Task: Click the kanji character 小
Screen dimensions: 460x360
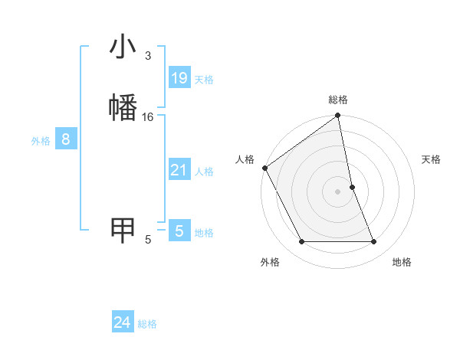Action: (x=123, y=48)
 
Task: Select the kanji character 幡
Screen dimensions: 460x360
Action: (x=123, y=106)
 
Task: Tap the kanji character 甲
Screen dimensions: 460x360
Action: (x=123, y=229)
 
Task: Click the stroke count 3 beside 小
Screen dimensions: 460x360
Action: (x=147, y=56)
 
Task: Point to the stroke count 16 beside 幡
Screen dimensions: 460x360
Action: (x=148, y=116)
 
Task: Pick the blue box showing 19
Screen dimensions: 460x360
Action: (x=179, y=78)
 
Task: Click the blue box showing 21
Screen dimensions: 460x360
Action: (x=179, y=170)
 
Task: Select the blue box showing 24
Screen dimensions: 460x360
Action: (x=123, y=322)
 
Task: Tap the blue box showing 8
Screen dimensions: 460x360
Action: (x=66, y=139)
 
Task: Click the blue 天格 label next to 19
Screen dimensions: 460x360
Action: (x=204, y=80)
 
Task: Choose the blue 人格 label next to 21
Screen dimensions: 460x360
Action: (x=204, y=172)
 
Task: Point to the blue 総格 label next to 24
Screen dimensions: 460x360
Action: (x=147, y=324)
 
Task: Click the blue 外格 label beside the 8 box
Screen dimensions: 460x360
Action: (x=41, y=141)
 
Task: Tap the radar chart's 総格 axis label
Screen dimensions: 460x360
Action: (x=338, y=100)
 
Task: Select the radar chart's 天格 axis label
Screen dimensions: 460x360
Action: (x=432, y=159)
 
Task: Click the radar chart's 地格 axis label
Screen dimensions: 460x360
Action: (x=402, y=262)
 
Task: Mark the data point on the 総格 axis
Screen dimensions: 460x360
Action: (x=338, y=116)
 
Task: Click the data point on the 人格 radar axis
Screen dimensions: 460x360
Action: (x=264, y=168)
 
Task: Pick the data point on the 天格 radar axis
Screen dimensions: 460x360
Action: (x=352, y=187)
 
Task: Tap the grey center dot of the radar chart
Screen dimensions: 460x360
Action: (x=338, y=191)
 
